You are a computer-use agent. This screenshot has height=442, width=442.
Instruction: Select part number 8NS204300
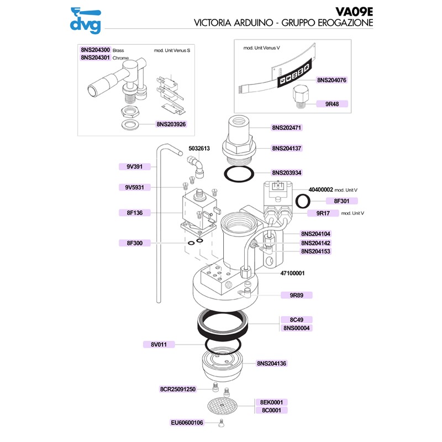[x=96, y=50]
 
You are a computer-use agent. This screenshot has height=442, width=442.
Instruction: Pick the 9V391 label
[x=134, y=166]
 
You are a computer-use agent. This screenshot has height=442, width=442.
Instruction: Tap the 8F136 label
[x=134, y=212]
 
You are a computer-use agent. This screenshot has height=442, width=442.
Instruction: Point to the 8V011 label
[x=159, y=345]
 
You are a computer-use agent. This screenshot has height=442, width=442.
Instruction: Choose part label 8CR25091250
[x=178, y=389]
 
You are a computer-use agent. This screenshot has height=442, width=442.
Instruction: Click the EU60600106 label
[x=187, y=423]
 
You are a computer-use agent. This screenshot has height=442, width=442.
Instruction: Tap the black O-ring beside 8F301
[x=303, y=199]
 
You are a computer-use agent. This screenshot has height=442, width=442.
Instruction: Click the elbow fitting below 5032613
[x=195, y=165]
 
